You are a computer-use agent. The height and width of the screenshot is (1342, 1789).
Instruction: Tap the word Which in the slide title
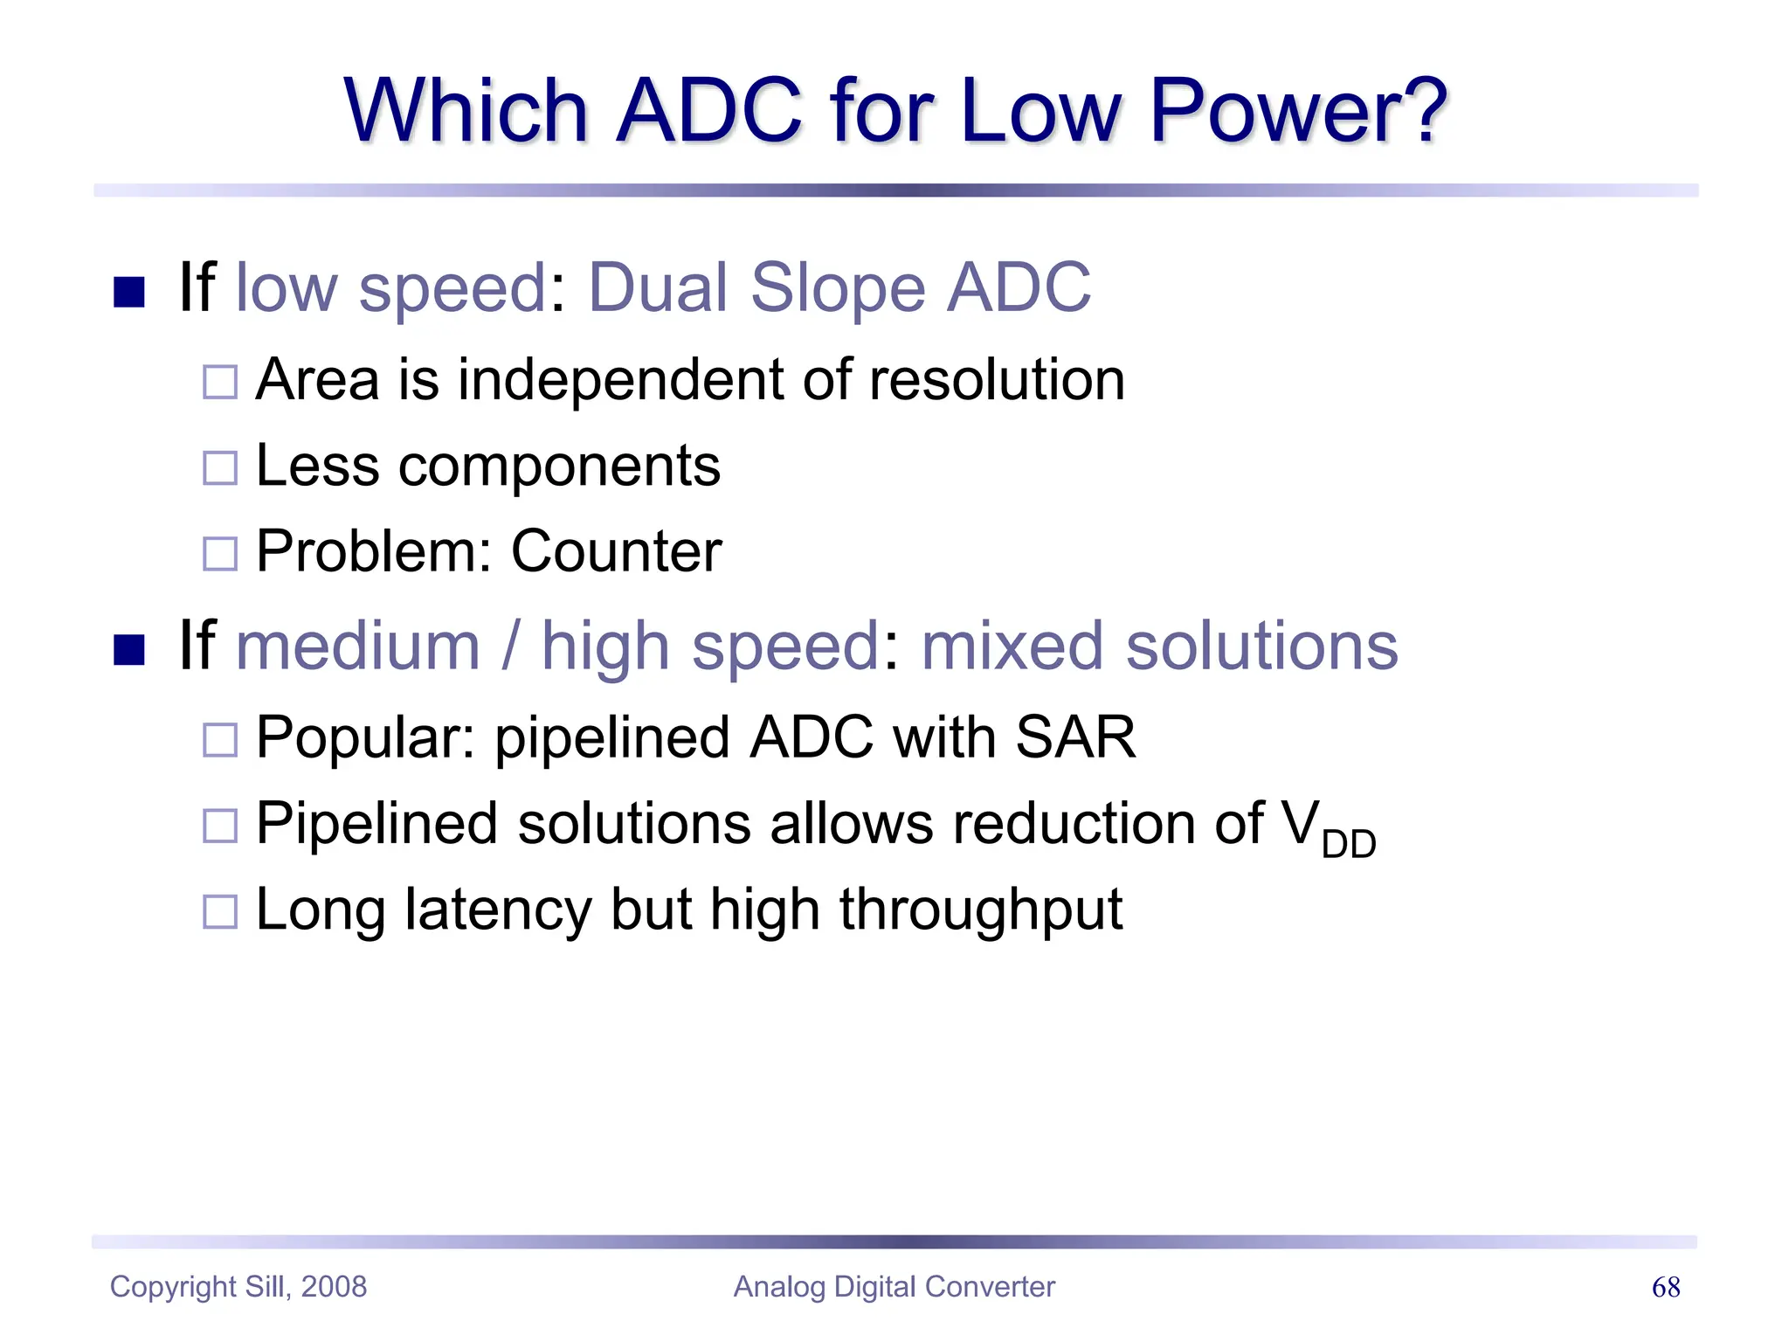466,112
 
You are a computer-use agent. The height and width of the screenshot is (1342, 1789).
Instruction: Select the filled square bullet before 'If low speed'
129,292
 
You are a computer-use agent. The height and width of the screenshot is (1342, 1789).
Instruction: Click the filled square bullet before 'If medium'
129,649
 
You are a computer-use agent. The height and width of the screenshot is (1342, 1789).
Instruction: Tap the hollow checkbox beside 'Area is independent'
219,382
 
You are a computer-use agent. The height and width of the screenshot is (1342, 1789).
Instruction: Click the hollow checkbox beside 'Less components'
219,467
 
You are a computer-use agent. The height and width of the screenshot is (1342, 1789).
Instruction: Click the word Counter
616,551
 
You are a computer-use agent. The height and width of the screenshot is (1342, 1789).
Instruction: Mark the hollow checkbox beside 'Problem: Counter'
219,553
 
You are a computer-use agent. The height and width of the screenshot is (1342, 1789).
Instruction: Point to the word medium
358,647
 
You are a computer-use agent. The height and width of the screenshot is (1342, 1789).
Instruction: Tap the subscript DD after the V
1348,844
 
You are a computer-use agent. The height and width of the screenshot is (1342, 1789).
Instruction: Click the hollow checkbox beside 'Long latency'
219,912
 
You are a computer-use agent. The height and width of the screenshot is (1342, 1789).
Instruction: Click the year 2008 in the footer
334,1287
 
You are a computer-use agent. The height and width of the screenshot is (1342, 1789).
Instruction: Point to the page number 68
1666,1287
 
